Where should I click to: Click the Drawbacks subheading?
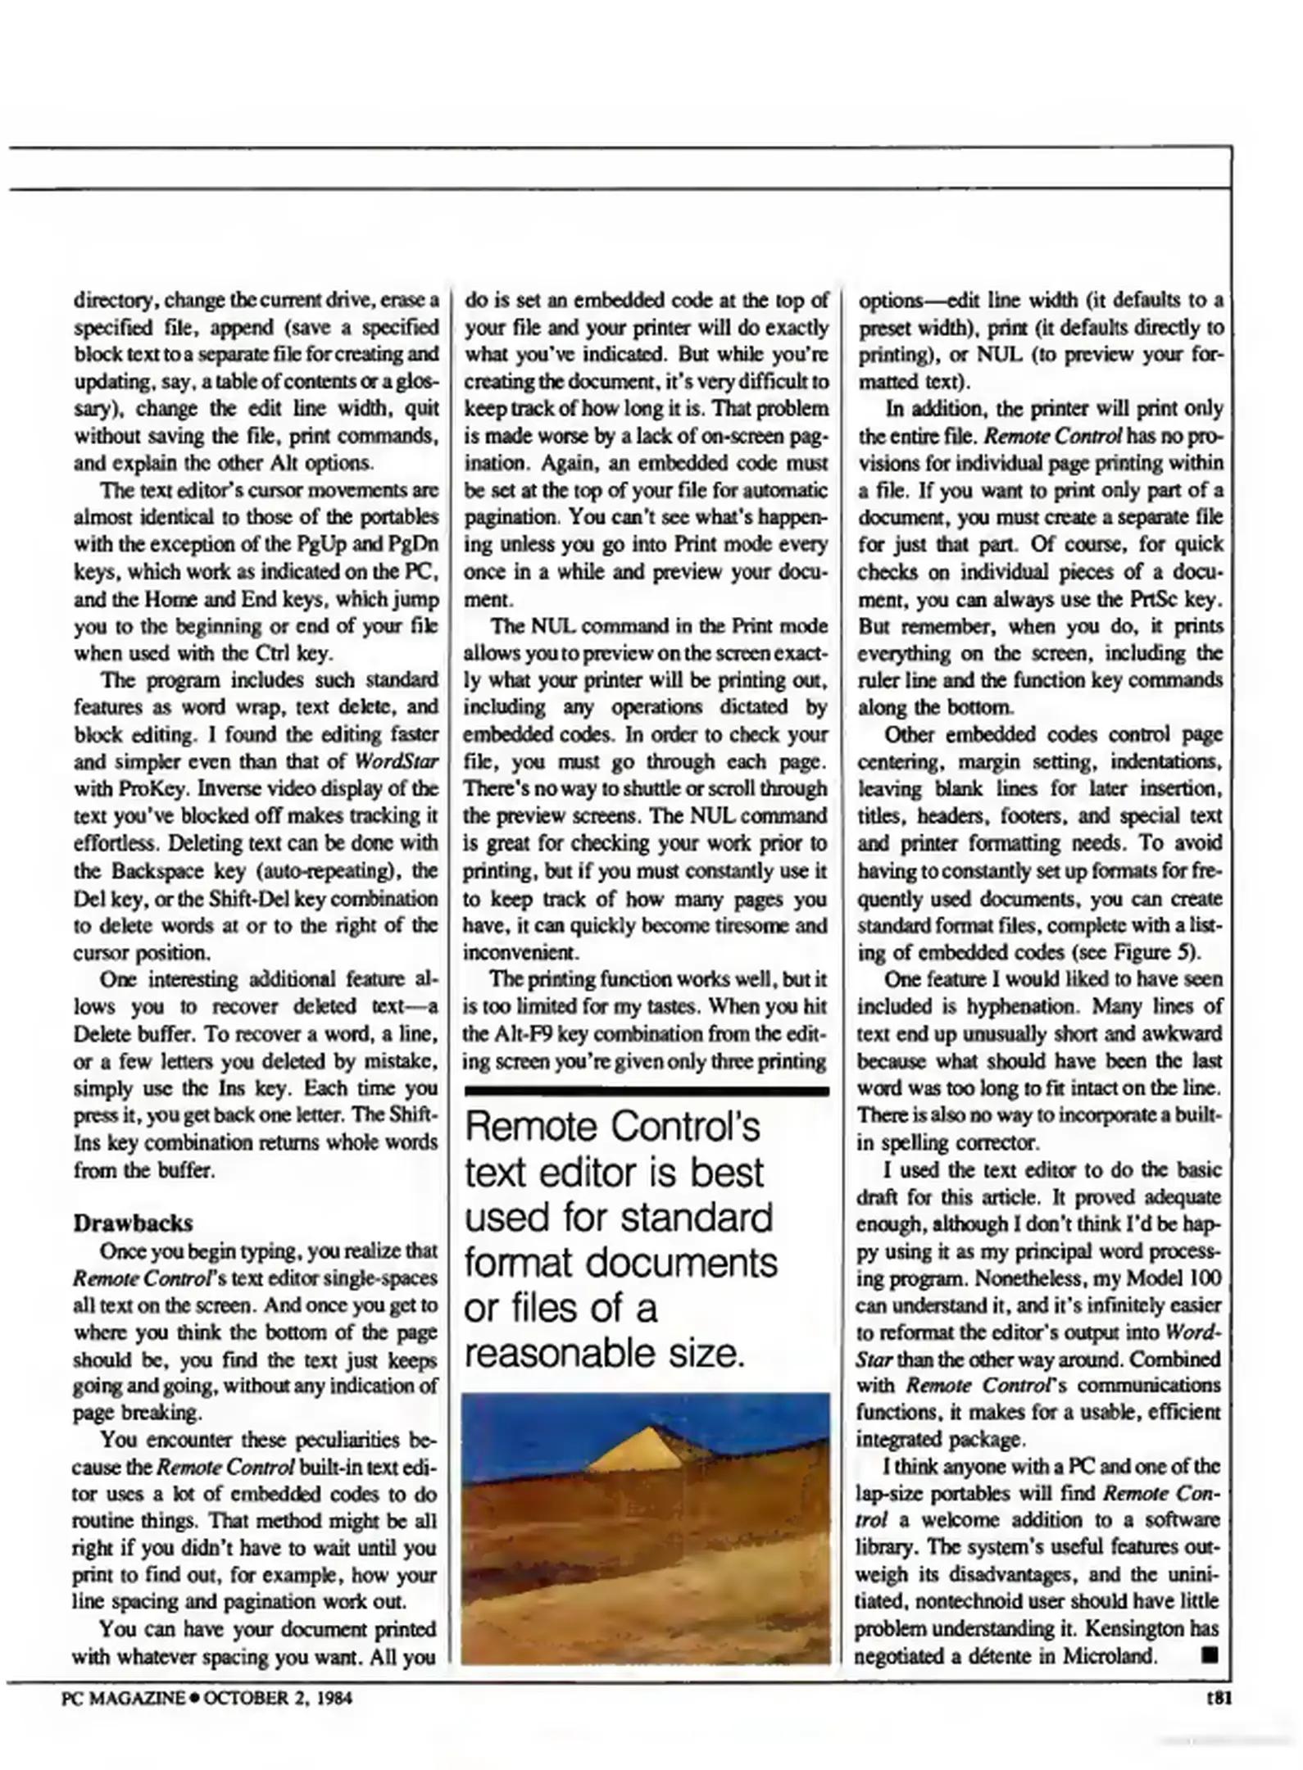click(133, 1223)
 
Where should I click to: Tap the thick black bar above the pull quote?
click(646, 1091)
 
